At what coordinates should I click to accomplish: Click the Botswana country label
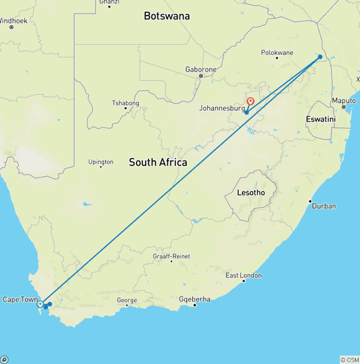tap(167, 16)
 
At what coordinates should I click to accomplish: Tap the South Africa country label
tap(158, 162)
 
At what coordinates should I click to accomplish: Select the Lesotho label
tap(251, 193)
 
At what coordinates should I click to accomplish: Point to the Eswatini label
tap(321, 119)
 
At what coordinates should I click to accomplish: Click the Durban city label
tap(324, 206)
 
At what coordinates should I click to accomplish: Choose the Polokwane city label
tap(276, 52)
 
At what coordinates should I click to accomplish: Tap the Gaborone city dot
tap(201, 76)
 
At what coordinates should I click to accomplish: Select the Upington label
tap(101, 162)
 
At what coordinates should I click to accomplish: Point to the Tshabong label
tap(125, 103)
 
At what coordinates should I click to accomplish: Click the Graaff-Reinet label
tap(171, 256)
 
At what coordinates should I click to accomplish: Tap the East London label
tap(243, 275)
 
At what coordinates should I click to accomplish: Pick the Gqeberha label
tap(195, 299)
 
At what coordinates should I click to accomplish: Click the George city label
tap(127, 300)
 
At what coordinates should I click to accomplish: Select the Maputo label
tap(344, 101)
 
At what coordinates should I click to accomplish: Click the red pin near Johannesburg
tap(250, 101)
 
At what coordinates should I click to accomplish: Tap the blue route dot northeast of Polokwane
tap(320, 57)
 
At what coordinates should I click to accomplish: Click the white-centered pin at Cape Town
tap(40, 304)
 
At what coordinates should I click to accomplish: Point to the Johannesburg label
tap(222, 108)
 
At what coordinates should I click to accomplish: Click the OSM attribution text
tap(350, 360)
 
